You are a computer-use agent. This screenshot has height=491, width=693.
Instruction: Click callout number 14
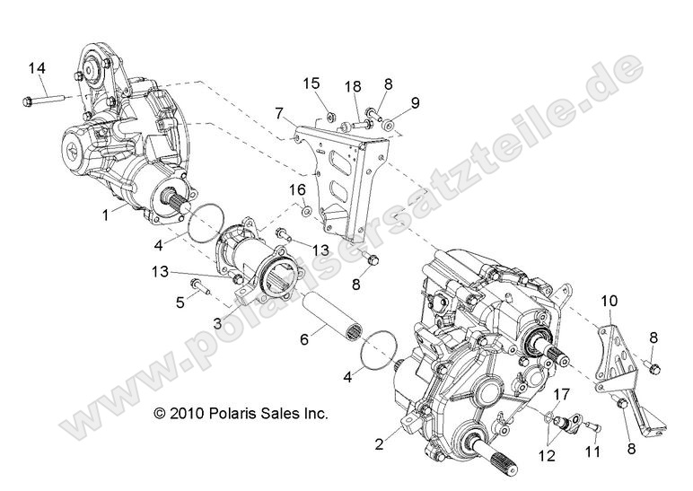(36, 68)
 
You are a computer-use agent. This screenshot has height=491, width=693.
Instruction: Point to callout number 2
(380, 443)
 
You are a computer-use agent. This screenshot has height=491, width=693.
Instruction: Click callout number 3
(217, 321)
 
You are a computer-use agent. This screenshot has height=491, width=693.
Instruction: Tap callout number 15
(311, 84)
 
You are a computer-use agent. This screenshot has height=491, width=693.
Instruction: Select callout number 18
(353, 86)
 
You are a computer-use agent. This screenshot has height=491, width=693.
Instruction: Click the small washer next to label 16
(306, 212)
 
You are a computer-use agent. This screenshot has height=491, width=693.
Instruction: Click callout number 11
(592, 452)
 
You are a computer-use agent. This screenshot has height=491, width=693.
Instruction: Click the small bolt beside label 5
(202, 288)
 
